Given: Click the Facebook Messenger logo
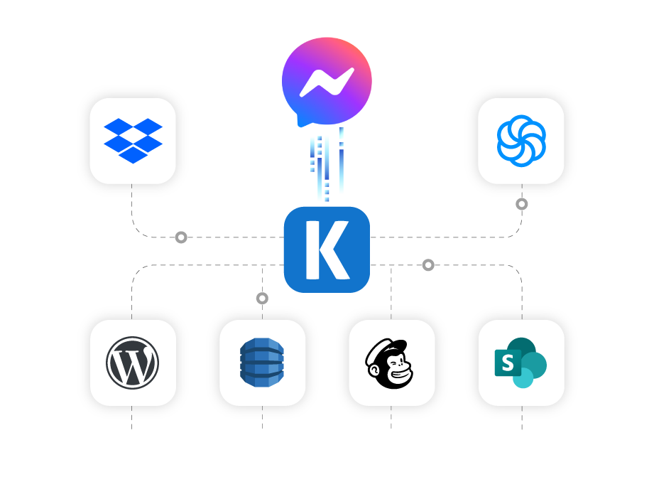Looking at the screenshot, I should click(327, 80).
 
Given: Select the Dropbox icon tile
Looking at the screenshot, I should click(133, 141).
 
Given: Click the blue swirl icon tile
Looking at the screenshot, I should click(521, 141).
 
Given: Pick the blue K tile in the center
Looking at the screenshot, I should click(327, 250).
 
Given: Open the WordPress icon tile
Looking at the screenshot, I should click(133, 363).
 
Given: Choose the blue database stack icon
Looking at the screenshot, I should click(262, 363).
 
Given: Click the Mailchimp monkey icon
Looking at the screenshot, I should click(391, 363).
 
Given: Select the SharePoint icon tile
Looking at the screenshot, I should click(521, 363).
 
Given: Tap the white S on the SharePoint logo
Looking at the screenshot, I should click(508, 363).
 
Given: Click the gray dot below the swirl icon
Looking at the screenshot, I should click(522, 204).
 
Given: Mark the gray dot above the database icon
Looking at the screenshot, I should click(262, 299).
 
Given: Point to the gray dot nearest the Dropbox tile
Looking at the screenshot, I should click(181, 237).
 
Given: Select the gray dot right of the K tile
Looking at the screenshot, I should click(428, 265).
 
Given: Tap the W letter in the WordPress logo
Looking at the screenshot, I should click(133, 363).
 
